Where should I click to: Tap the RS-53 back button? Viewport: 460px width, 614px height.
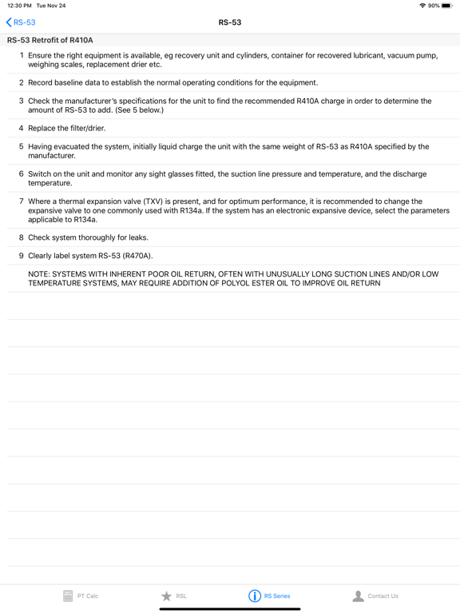pos(22,22)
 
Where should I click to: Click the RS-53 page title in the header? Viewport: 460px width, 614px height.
pos(230,22)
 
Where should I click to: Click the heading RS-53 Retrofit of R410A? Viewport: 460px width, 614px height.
pos(50,40)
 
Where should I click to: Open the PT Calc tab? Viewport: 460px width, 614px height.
pos(81,596)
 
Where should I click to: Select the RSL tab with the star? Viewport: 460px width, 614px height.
pos(174,596)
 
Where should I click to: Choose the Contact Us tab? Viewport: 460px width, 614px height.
pos(375,596)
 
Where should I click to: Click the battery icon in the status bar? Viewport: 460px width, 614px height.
pos(447,6)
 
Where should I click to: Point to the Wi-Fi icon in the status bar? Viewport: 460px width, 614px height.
pos(422,6)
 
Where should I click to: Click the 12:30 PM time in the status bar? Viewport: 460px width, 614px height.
pos(19,6)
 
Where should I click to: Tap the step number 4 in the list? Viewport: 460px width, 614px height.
pos(22,128)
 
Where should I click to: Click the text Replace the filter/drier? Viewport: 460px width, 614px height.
pos(66,128)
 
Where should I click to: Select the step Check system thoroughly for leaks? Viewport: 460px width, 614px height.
pos(88,237)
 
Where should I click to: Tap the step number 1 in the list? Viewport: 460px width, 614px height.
pos(22,55)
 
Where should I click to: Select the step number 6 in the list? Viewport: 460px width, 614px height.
pos(22,173)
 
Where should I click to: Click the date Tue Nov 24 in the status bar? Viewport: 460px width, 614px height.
pos(51,6)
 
